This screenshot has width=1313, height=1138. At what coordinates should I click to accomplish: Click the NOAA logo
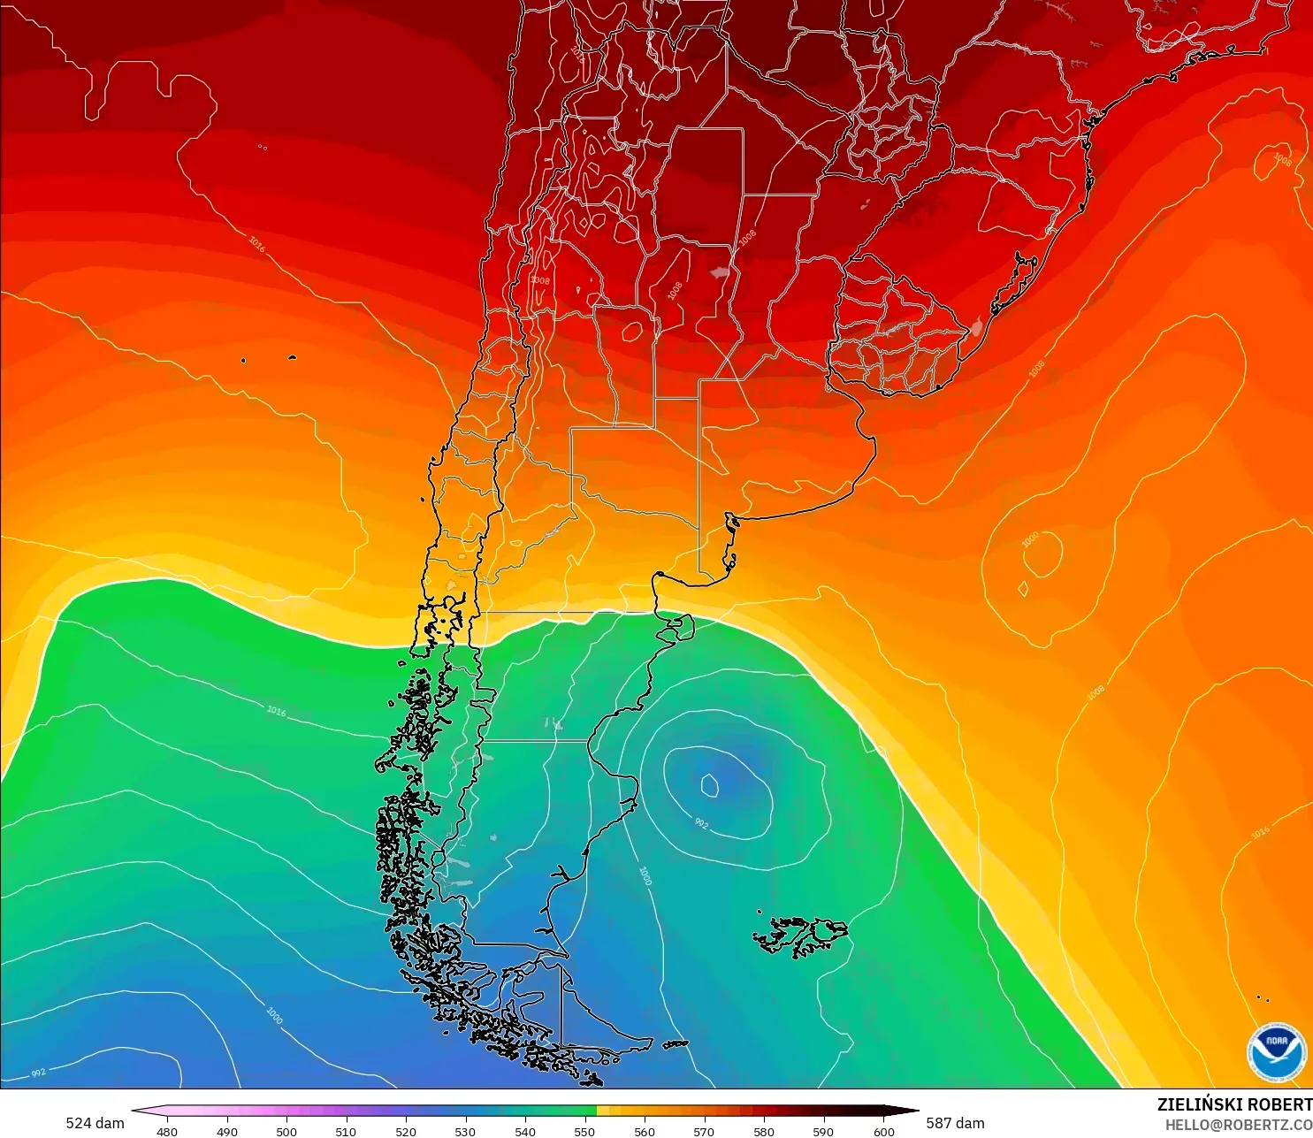1277,1051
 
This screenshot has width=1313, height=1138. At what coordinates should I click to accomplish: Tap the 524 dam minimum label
95,1123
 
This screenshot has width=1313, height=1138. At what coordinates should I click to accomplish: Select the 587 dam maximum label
955,1123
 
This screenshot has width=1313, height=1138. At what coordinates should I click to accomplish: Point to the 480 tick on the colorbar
166,1131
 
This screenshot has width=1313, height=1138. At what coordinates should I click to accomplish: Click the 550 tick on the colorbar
584,1131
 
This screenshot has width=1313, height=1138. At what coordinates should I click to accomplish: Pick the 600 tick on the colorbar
883,1131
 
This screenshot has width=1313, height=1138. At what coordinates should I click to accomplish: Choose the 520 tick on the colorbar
405,1131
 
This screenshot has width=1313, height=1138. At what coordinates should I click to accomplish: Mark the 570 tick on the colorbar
704,1131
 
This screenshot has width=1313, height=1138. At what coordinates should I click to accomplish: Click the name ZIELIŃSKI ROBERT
1234,1104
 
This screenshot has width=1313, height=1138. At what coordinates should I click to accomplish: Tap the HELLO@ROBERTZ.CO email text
1238,1125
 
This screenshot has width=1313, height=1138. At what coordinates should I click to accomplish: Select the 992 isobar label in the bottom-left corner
38,1073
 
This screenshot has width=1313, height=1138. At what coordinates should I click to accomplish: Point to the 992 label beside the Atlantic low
701,824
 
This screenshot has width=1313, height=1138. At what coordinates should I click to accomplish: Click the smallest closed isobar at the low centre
709,783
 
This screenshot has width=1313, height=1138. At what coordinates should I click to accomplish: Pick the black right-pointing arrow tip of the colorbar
912,1111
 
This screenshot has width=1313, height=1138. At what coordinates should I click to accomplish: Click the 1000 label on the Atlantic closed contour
1030,539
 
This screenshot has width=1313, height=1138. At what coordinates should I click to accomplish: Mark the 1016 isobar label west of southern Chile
276,710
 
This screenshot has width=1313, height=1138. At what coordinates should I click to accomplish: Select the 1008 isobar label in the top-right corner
1282,159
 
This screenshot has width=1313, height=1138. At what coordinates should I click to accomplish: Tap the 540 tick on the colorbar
525,1131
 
